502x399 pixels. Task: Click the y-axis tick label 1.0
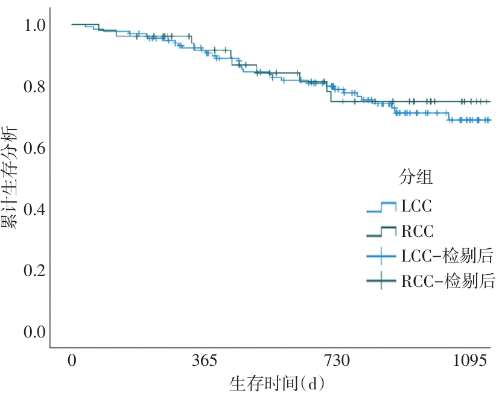(33, 25)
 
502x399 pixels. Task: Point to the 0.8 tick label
(33, 87)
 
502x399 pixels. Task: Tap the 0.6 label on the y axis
(33, 148)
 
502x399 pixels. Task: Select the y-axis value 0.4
(33, 209)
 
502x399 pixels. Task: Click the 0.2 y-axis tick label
(33, 271)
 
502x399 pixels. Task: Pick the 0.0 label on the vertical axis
(33, 332)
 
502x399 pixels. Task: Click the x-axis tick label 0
(72, 362)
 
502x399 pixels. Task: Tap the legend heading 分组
(417, 177)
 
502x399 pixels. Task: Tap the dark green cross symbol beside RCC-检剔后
(381, 281)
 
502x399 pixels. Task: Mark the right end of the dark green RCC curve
(489, 101)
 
